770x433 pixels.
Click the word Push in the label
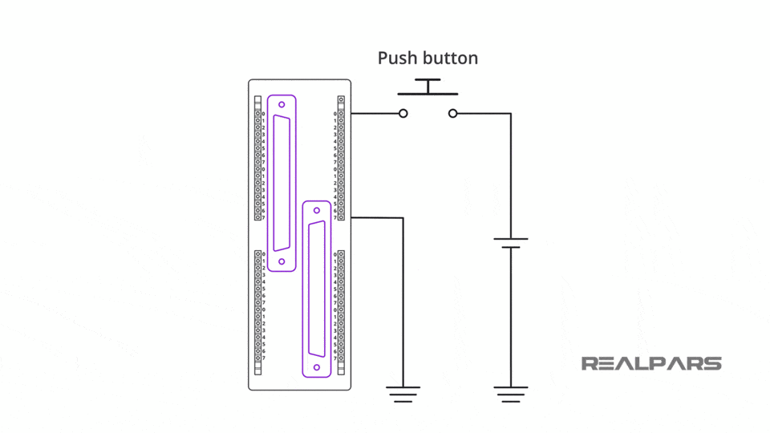point(395,59)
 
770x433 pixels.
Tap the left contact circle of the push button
point(403,114)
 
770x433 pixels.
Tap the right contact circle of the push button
point(453,114)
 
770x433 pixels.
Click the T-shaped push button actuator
point(428,87)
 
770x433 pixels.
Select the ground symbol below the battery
point(511,394)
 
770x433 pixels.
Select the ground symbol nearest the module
point(403,394)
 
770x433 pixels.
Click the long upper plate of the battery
point(511,239)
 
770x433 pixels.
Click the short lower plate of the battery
point(511,247)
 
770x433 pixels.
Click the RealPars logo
point(650,364)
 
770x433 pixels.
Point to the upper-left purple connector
point(282,183)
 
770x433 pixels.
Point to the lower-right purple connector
point(316,289)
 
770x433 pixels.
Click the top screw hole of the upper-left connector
point(282,104)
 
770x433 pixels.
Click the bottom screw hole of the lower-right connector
point(316,367)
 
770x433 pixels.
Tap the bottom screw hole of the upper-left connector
point(282,261)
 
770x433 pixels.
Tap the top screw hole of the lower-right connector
point(316,211)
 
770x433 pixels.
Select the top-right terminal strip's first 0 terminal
point(341,114)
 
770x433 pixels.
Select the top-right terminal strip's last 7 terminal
point(341,217)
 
